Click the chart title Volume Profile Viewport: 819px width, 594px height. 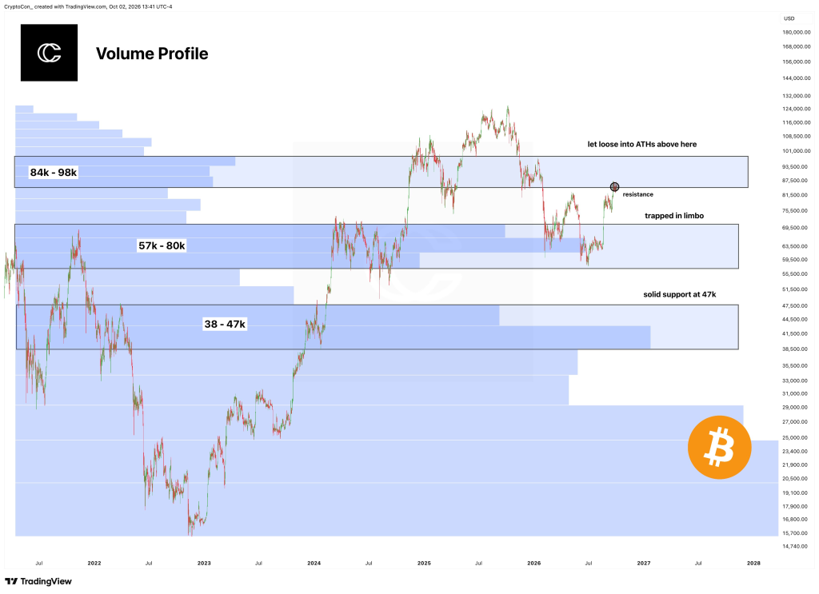tap(152, 54)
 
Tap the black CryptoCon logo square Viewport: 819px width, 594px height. tap(49, 53)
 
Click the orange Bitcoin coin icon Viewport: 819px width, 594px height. tap(719, 448)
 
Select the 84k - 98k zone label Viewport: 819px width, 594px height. tap(54, 172)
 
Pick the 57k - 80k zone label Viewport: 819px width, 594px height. tap(162, 245)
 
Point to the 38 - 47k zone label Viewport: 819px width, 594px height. tap(225, 324)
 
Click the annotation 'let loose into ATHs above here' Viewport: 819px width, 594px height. tap(642, 144)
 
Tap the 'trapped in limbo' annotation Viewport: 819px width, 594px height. tap(674, 216)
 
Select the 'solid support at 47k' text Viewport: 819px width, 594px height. tap(680, 294)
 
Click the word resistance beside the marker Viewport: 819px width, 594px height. tap(637, 194)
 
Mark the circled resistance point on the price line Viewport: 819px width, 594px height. tap(614, 186)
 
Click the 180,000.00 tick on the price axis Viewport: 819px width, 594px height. tap(797, 32)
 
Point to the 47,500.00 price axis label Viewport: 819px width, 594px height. tap(797, 306)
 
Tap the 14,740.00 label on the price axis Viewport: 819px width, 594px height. tap(797, 547)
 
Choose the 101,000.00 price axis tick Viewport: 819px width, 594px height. tap(797, 151)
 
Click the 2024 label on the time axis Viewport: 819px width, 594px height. tap(314, 563)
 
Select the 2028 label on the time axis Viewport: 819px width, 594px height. tap(753, 563)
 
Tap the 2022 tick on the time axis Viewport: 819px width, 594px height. tap(94, 563)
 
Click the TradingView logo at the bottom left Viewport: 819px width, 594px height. tap(38, 581)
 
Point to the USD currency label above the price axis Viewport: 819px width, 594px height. tap(789, 18)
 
